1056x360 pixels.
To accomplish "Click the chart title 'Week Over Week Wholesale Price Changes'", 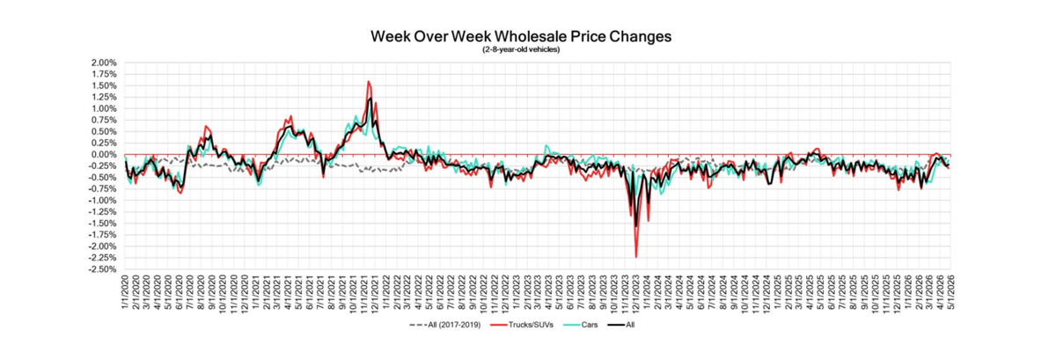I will pos(521,37).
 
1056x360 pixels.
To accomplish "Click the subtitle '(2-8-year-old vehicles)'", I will pos(521,49).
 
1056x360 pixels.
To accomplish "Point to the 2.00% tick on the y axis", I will pos(103,63).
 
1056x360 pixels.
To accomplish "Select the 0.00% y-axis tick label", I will pos(103,155).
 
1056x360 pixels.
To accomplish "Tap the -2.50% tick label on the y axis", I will pos(102,269).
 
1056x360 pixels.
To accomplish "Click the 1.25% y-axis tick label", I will pos(103,98).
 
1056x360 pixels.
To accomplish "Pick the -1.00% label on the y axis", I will pos(102,201).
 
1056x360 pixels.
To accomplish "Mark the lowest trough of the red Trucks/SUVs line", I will pos(635,256).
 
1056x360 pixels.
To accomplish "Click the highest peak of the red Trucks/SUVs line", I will pos(368,82).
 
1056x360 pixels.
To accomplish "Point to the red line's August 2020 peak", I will pos(205,127).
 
